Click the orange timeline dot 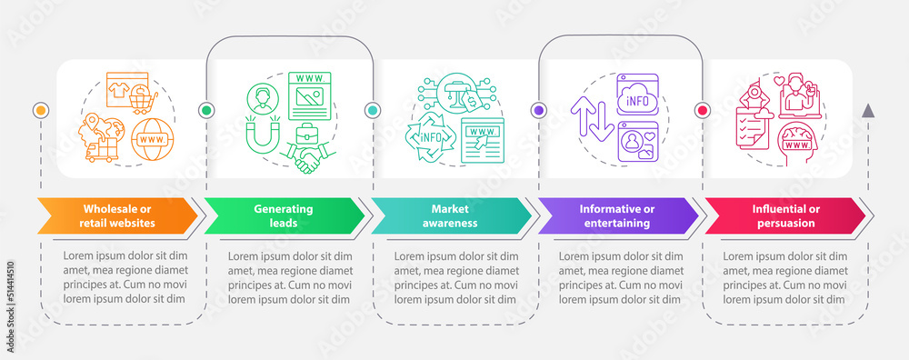coord(41,110)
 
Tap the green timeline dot coord(205,110)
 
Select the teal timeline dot coord(372,110)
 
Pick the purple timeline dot coord(539,110)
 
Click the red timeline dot coord(702,110)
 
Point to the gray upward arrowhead coord(868,111)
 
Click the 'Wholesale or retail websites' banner coord(118,215)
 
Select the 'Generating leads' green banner coord(285,215)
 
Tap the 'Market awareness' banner coord(452,215)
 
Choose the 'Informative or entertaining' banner coord(618,215)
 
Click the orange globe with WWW coord(153,140)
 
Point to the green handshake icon coord(307,156)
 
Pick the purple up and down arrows coord(593,119)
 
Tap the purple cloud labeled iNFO coord(638,101)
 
